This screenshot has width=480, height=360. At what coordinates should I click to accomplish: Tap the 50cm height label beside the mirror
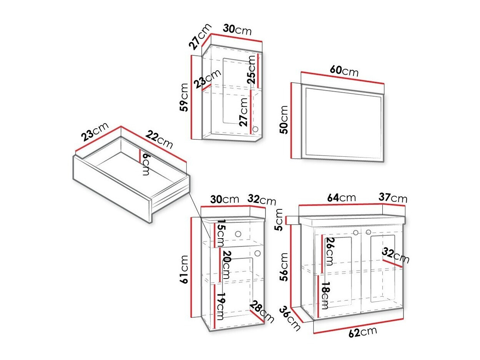(x=284, y=119)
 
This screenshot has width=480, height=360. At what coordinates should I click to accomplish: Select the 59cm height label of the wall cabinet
(x=183, y=97)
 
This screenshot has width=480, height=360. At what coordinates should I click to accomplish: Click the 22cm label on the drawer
(x=159, y=139)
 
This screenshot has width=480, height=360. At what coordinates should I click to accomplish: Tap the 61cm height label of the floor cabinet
(x=183, y=269)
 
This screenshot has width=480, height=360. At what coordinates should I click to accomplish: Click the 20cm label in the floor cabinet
(x=226, y=265)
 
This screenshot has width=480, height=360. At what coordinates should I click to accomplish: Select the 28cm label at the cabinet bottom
(x=262, y=312)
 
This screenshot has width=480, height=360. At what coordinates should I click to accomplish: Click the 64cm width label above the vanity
(x=341, y=197)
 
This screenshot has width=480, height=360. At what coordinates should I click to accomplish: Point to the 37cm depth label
(x=393, y=198)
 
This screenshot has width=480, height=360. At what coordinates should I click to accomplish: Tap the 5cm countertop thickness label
(x=279, y=220)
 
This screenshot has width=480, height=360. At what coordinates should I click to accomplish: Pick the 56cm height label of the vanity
(x=284, y=267)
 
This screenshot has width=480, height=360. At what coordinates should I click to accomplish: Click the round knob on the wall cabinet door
(x=255, y=129)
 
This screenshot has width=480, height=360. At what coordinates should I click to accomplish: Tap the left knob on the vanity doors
(x=356, y=232)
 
